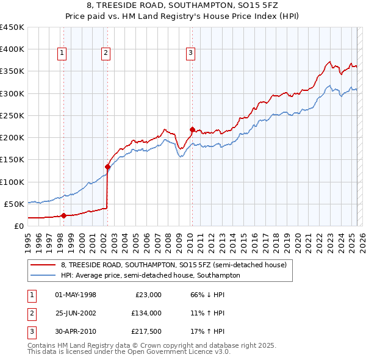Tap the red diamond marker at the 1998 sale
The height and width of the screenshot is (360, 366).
[x=63, y=215]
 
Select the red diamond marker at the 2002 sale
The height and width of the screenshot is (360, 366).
[x=107, y=167]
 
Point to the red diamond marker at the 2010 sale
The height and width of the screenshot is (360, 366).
[x=192, y=129]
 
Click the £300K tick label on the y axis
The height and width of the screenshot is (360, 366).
[x=12, y=93]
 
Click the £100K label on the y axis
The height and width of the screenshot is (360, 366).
[x=12, y=182]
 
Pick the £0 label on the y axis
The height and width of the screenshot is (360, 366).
[x=18, y=226]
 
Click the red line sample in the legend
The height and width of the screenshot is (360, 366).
[x=43, y=265]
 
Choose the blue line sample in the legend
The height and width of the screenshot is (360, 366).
[x=43, y=275]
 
